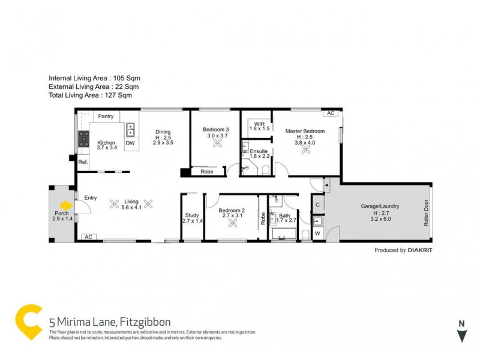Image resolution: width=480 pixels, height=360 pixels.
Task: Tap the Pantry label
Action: coord(106,116)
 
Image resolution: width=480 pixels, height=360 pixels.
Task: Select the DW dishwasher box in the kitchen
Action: coord(130,143)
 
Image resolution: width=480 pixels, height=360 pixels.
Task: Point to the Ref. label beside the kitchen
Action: coord(83,162)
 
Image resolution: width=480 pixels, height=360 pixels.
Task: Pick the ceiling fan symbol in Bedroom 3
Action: coord(209,143)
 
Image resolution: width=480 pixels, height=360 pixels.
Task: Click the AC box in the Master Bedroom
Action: coord(330,113)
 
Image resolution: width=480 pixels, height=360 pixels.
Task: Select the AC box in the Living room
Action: coord(87,236)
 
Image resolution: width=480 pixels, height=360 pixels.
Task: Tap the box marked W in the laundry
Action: coord(317,233)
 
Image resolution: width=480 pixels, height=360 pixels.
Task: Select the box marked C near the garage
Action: coord(317,205)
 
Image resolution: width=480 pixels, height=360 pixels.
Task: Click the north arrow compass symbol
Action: coord(461,333)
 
